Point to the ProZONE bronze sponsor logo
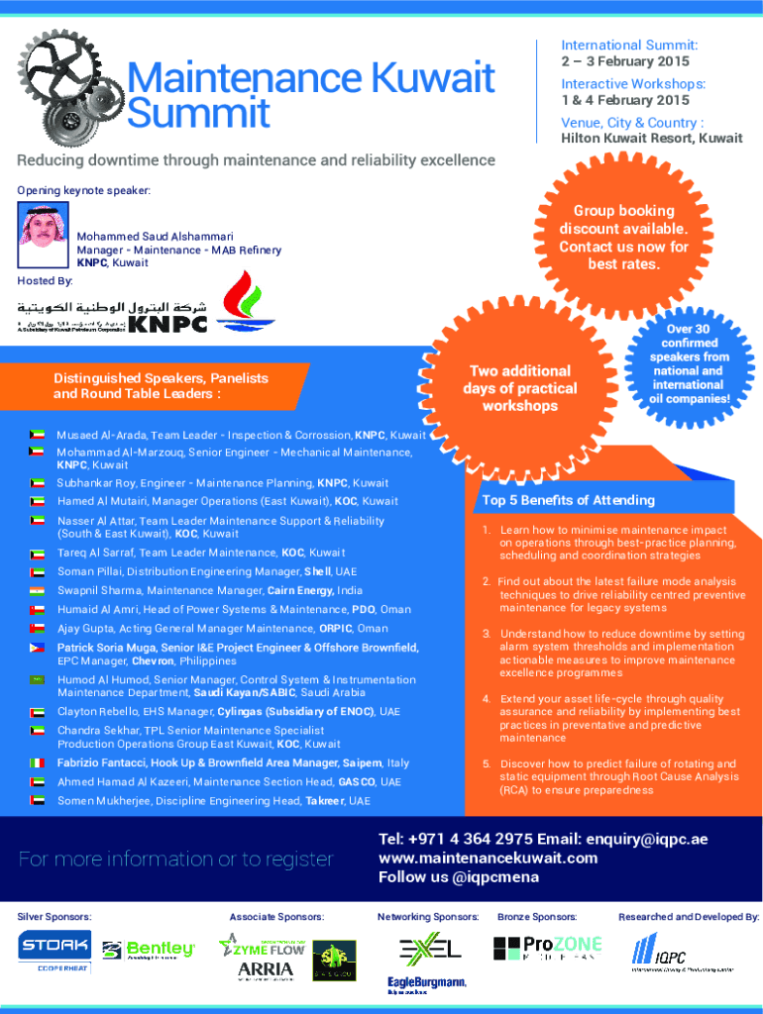click(x=547, y=949)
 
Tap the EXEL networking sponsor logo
click(x=429, y=949)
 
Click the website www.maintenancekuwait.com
click(x=489, y=858)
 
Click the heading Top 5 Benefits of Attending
click(x=568, y=500)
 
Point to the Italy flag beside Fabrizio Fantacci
click(x=39, y=763)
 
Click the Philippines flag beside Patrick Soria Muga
click(x=39, y=648)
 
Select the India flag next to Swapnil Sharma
click(x=39, y=591)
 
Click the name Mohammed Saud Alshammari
click(x=155, y=236)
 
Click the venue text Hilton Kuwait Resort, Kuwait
click(x=652, y=138)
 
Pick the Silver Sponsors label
click(x=54, y=917)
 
